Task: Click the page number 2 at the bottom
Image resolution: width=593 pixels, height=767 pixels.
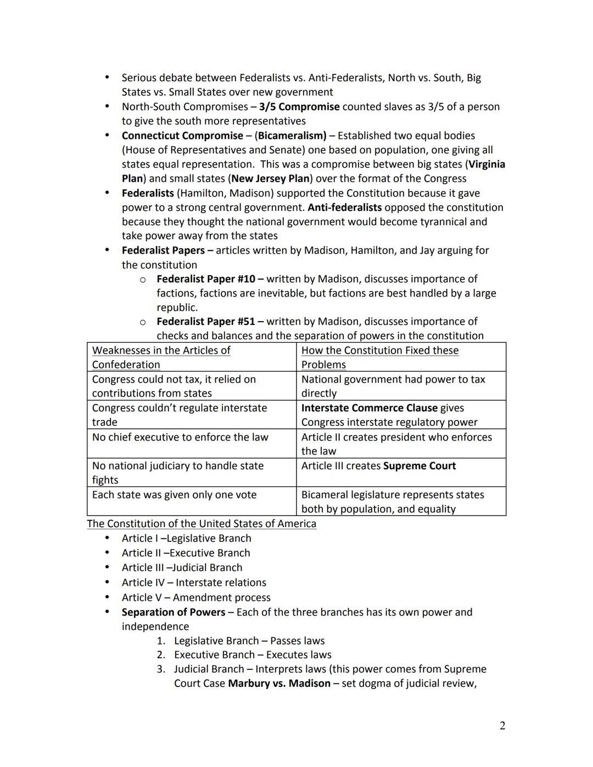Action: pos(502,726)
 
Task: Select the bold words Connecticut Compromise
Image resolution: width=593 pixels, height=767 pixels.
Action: pos(182,136)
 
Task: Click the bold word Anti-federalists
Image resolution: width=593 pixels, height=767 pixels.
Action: pos(344,208)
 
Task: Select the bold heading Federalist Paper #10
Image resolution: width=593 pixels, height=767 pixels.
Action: pos(206,279)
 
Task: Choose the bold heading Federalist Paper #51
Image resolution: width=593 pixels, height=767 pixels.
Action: pos(206,322)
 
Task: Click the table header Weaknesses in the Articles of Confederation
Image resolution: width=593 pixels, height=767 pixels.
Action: pos(161,357)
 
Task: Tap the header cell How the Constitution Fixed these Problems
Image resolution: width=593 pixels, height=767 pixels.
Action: pos(379,357)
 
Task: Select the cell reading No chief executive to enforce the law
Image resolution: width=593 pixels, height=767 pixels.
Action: pos(180,437)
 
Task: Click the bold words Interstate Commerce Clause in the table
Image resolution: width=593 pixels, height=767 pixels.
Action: pos(369,408)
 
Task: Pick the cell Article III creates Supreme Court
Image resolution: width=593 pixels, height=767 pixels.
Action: pos(378,466)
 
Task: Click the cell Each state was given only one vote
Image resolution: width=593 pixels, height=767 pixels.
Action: pos(174,495)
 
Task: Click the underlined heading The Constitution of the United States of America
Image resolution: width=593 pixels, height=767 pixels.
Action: pos(202,524)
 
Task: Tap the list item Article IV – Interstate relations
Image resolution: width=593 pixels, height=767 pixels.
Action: pos(194,583)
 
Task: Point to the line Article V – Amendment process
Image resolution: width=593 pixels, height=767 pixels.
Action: pos(196,597)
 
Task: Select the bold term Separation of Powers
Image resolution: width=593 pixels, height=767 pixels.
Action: pos(174,612)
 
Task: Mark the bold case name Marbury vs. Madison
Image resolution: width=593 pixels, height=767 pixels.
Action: pos(279,684)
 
